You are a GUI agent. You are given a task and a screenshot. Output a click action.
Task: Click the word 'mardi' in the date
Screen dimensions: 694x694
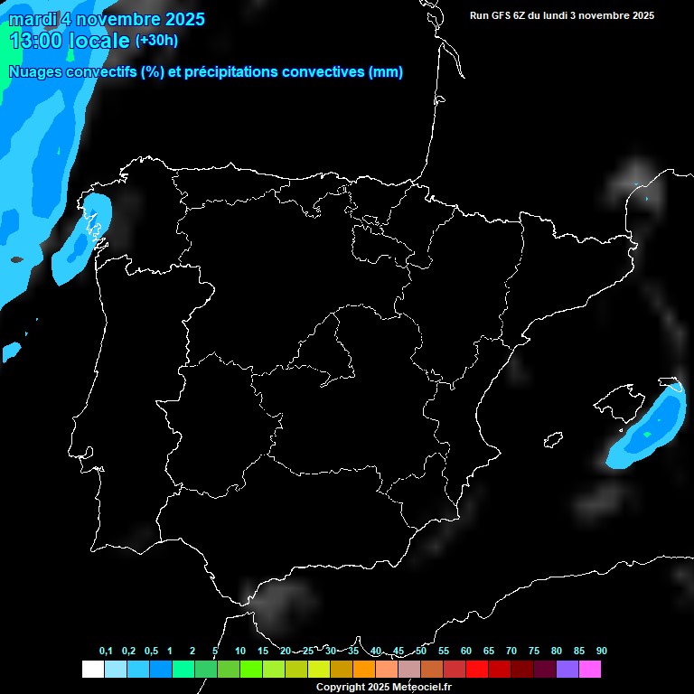tap(30, 19)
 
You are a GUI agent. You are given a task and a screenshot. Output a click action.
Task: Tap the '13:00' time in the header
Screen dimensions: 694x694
tap(38, 41)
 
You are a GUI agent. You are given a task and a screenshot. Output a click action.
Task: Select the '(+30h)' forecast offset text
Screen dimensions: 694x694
tap(156, 41)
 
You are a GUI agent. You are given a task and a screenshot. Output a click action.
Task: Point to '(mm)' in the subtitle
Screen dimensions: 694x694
tap(386, 72)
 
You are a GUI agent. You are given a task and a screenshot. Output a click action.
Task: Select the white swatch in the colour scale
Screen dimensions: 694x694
tap(92, 670)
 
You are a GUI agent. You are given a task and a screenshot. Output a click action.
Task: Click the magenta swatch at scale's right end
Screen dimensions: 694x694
tap(590, 670)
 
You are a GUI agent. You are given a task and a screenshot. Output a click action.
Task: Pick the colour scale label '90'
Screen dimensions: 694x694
tap(602, 652)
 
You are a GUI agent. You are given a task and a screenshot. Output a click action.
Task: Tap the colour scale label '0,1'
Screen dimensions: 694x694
tap(106, 652)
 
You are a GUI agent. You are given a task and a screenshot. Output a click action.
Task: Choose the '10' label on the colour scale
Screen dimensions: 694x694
tap(240, 652)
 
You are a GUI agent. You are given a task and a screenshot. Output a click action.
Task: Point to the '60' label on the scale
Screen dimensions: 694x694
tap(466, 652)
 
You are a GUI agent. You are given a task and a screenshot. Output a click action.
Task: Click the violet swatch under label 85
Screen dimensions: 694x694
tap(567, 670)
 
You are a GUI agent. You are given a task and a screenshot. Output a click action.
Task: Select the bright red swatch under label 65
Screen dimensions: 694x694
tap(477, 670)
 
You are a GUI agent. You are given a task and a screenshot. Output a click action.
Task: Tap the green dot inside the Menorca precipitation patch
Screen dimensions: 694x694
tap(647, 435)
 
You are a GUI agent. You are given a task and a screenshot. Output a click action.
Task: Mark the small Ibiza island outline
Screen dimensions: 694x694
tap(553, 440)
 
